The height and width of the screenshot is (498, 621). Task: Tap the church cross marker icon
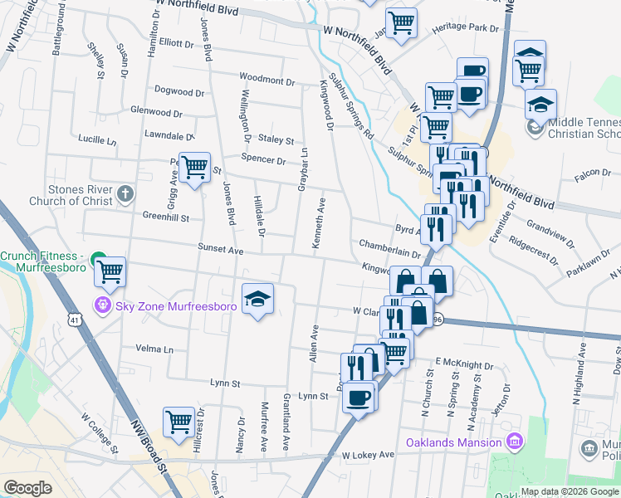click(125, 194)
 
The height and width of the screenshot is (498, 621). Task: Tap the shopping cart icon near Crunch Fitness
click(110, 270)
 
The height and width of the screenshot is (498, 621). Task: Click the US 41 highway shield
click(75, 320)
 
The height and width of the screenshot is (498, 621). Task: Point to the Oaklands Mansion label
click(453, 442)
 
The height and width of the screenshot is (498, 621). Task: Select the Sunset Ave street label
click(219, 249)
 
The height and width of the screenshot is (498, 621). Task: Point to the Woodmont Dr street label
click(267, 81)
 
